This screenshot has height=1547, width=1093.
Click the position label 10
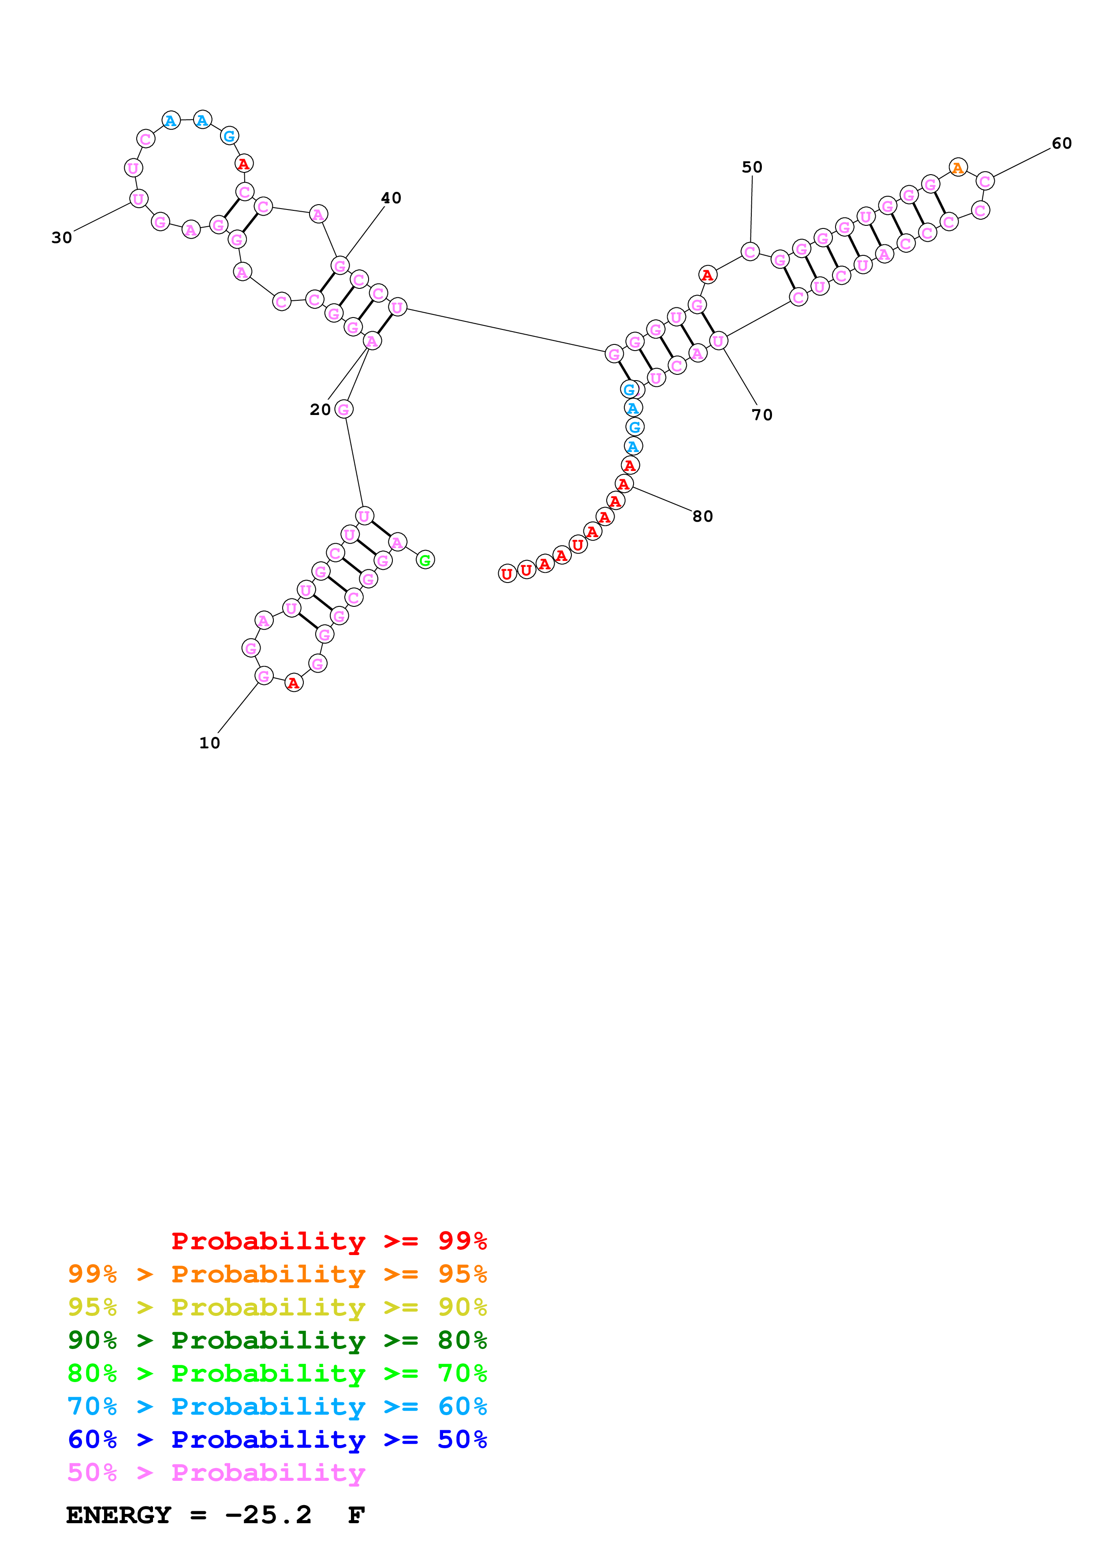point(209,743)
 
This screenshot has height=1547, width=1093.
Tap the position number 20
point(320,410)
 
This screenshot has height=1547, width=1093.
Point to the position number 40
point(391,198)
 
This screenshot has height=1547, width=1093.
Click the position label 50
point(752,167)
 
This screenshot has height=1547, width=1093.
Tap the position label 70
point(762,415)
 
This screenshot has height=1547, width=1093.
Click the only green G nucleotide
point(425,560)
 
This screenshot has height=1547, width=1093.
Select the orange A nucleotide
point(958,167)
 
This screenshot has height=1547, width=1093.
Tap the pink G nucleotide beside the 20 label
point(343,409)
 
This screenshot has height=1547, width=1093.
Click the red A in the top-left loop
point(244,164)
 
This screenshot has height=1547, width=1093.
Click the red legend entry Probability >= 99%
point(328,1241)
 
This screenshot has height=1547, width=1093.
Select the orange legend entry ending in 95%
point(277,1274)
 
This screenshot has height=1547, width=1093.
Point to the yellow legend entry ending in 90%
point(277,1307)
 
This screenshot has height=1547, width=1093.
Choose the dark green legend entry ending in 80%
point(277,1340)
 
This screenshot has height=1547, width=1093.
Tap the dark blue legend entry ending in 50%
point(277,1440)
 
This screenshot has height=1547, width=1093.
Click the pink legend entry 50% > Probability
point(216,1473)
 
